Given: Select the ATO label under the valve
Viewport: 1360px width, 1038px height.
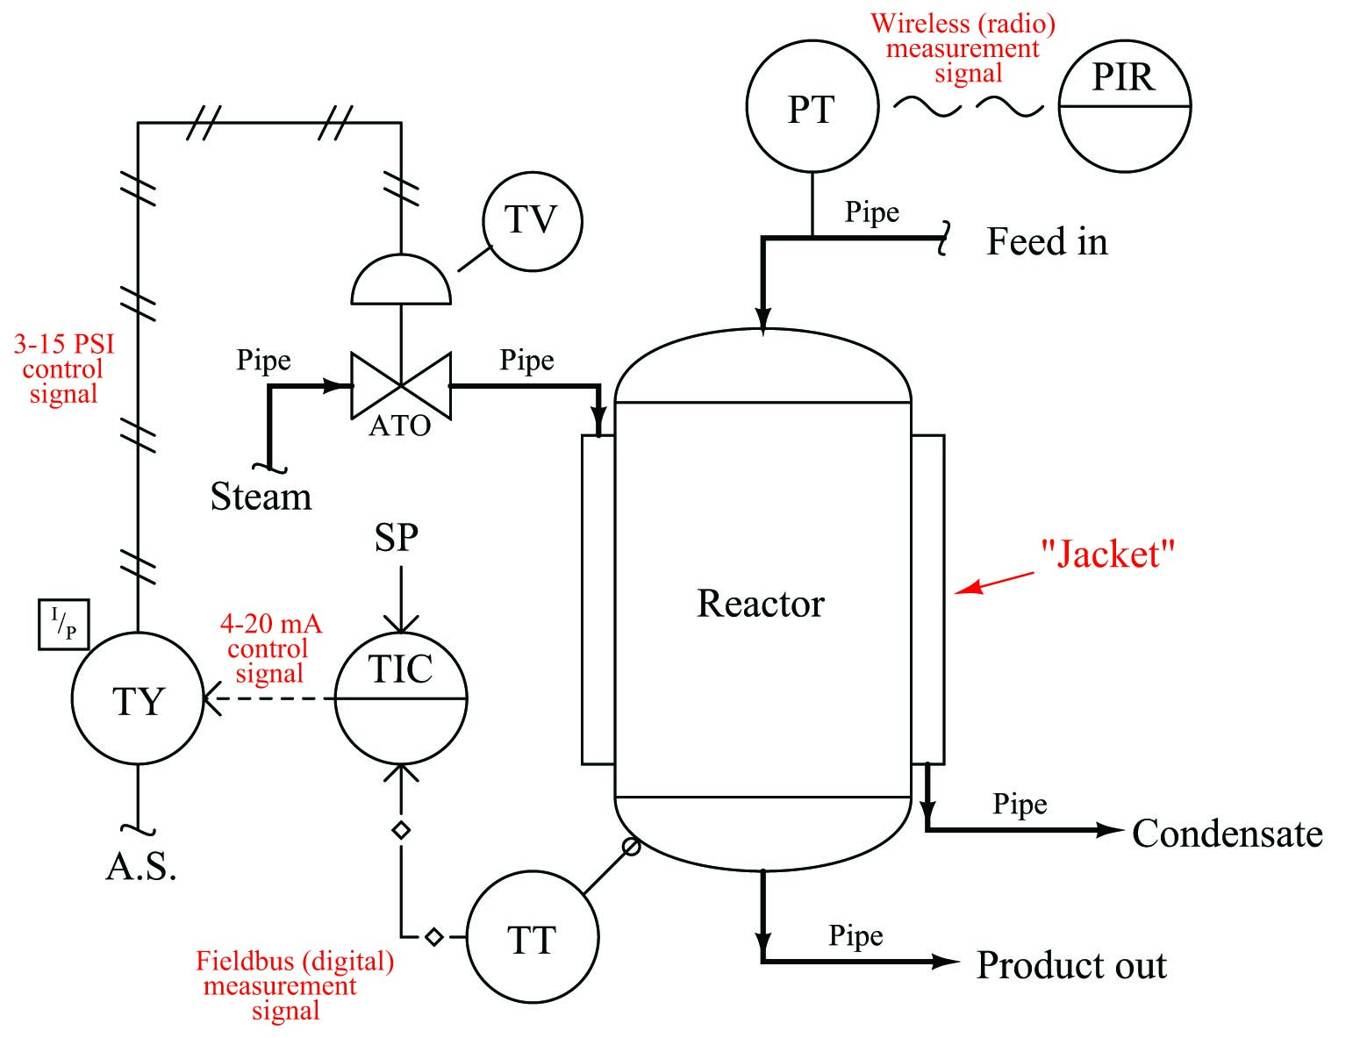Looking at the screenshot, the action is point(399,426).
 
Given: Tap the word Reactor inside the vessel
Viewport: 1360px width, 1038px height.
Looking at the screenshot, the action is point(760,603).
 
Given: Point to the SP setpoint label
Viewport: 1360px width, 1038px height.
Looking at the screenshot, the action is point(397,537).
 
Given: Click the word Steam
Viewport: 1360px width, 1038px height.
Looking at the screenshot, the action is point(261,496).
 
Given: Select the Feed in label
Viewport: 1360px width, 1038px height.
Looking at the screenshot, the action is point(1047,241).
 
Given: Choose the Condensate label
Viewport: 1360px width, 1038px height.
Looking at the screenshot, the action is point(1228,833).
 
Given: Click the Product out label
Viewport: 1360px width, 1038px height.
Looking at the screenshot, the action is point(1071,964).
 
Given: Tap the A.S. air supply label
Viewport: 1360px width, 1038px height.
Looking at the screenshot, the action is point(141,866).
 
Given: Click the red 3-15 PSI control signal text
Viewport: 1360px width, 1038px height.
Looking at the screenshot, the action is point(64,369).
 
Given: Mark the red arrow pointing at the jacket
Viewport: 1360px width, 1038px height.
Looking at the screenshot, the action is point(994,583).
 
